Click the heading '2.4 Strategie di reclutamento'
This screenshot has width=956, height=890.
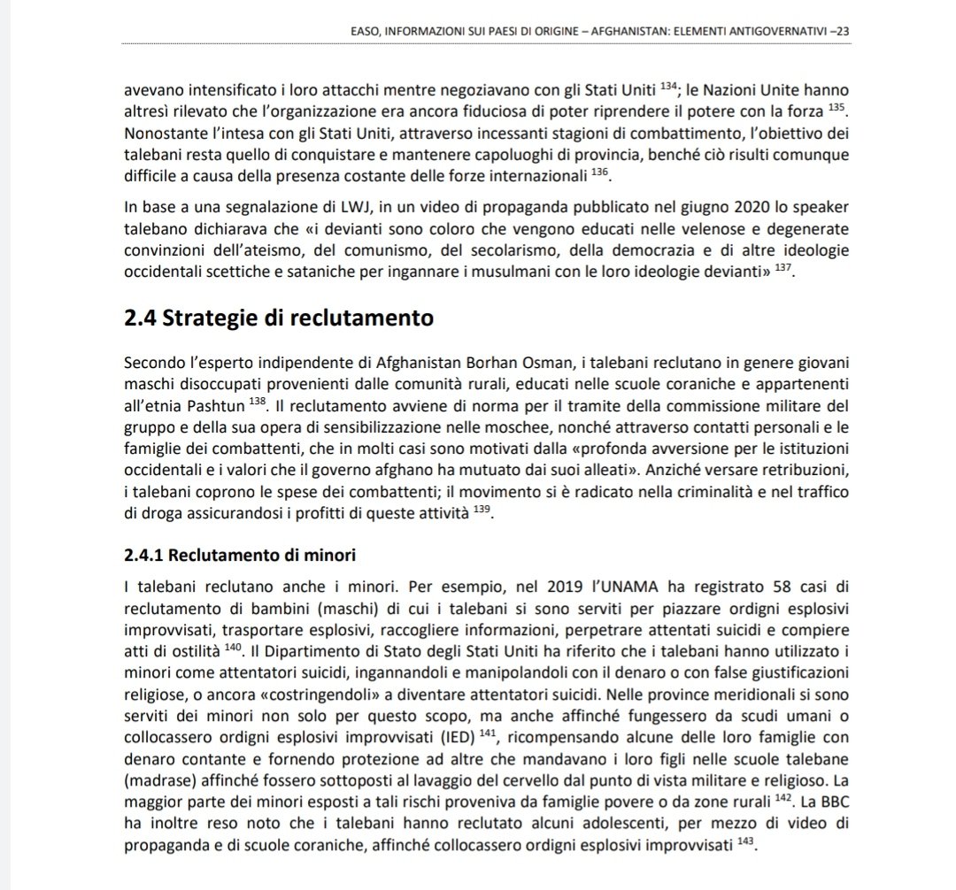pyautogui.click(x=279, y=318)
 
